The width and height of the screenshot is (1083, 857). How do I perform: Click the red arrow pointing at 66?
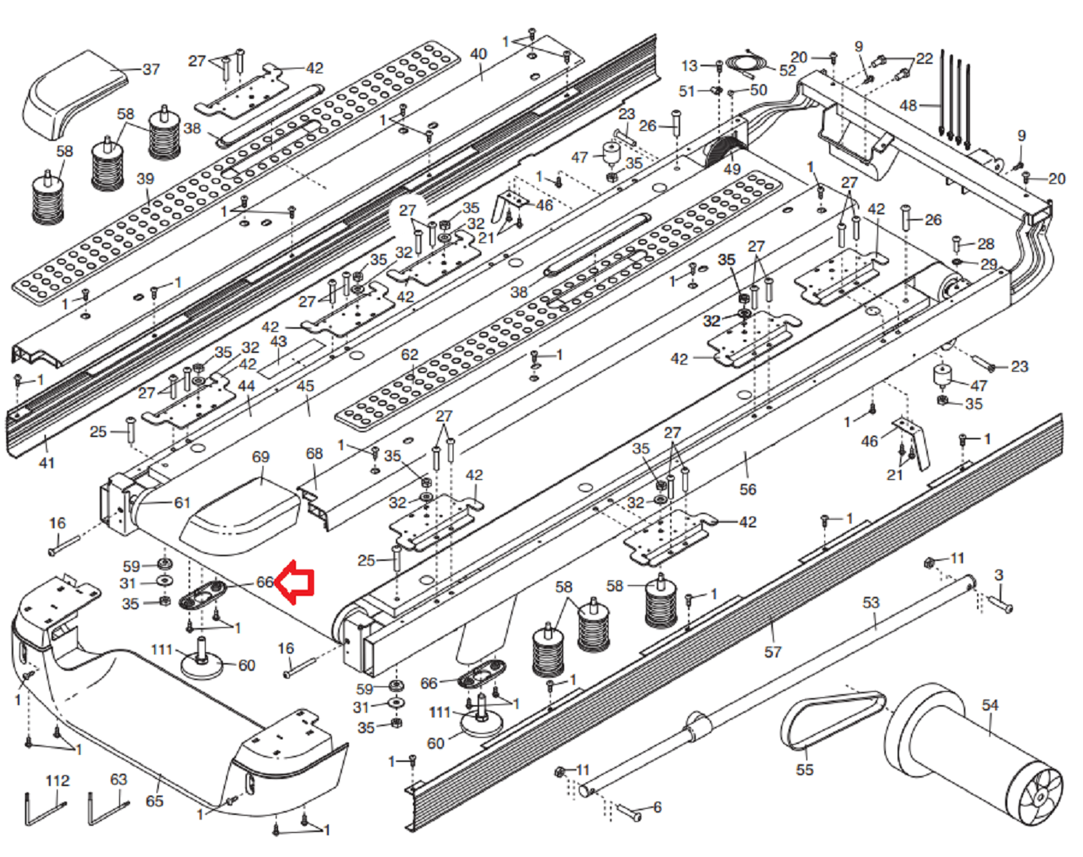(x=297, y=582)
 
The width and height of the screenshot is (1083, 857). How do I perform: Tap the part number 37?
(x=151, y=69)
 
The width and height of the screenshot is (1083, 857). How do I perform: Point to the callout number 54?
(x=990, y=705)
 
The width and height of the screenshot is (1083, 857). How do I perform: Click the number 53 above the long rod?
(x=870, y=602)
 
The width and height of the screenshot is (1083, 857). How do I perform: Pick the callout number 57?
(x=772, y=651)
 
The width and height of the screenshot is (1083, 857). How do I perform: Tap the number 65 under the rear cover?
(x=154, y=801)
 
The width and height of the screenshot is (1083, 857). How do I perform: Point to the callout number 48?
(x=908, y=105)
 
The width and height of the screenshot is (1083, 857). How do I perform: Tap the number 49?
(x=732, y=169)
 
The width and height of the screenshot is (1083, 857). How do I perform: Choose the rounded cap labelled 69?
(x=242, y=510)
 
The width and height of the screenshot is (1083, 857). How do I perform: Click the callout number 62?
(x=410, y=354)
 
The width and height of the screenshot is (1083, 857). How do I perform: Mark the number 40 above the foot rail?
(x=478, y=55)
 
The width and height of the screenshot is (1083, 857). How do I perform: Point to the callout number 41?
(x=47, y=463)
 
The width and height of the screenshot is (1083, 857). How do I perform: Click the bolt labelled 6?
(x=629, y=814)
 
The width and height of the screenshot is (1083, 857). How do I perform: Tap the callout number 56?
(x=747, y=489)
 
